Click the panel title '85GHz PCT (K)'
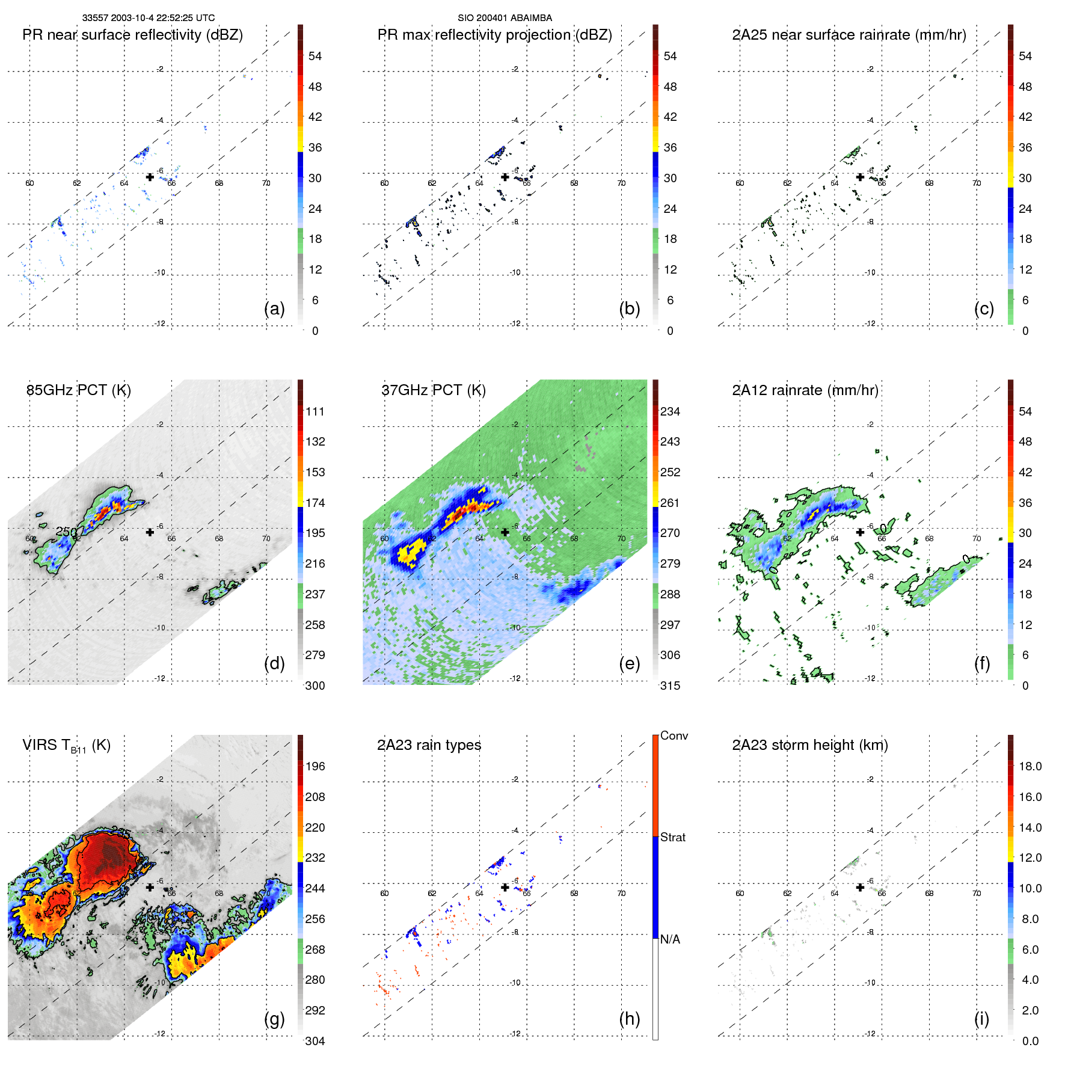[x=78, y=390]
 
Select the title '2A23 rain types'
[x=429, y=745]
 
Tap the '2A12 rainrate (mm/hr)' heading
[x=805, y=390]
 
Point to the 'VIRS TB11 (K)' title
[x=66, y=746]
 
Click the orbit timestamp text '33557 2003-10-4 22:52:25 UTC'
[x=148, y=18]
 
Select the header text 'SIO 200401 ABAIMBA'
[x=505, y=18]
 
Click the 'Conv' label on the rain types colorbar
[x=674, y=735]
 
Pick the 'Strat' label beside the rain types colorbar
[x=672, y=837]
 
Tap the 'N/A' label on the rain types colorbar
[x=670, y=939]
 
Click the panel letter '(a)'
[x=274, y=308]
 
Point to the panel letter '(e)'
[x=629, y=663]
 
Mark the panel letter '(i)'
[x=981, y=1019]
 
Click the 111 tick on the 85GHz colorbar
[x=315, y=411]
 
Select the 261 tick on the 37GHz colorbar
[x=670, y=503]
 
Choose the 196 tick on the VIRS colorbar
[x=315, y=766]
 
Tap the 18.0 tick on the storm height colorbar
[x=1030, y=766]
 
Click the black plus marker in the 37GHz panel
[x=505, y=532]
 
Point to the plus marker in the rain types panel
[x=505, y=887]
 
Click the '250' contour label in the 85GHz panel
[x=66, y=532]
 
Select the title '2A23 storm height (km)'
[x=809, y=745]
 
